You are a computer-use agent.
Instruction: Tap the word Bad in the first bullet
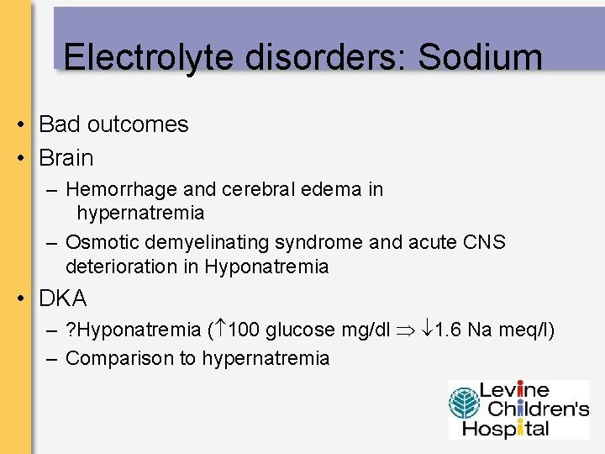pyautogui.click(x=58, y=124)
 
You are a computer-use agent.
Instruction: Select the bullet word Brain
pyautogui.click(x=66, y=158)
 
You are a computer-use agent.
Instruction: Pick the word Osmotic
pyautogui.click(x=103, y=243)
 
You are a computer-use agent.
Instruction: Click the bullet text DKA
pyautogui.click(x=63, y=298)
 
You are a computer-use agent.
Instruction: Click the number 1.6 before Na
pyautogui.click(x=450, y=330)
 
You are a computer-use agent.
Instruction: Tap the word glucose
pyautogui.click(x=298, y=330)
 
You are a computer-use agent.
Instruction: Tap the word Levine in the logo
pyautogui.click(x=514, y=391)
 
